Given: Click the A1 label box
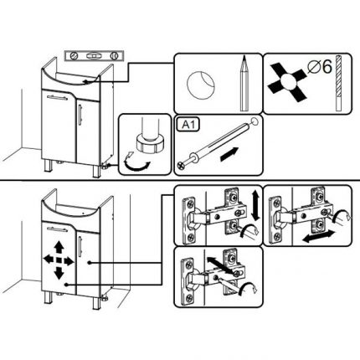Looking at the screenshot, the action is (x=188, y=125).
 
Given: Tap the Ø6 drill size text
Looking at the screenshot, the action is (x=320, y=67).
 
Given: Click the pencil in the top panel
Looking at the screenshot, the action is (x=244, y=84).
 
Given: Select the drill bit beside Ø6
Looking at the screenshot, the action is (x=338, y=83).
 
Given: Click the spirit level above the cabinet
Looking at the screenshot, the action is (x=94, y=56).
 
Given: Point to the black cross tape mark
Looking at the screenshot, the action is (x=287, y=82).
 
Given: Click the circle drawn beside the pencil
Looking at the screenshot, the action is (x=201, y=85).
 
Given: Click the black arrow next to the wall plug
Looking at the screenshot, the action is (x=229, y=154).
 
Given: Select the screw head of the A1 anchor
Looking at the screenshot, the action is (x=180, y=167).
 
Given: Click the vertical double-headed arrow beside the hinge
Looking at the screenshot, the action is (x=255, y=206).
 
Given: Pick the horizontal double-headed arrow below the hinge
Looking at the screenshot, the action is (x=318, y=236).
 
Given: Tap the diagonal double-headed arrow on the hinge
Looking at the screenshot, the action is (x=220, y=265).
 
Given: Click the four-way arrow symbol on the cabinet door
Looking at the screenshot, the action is (x=59, y=260).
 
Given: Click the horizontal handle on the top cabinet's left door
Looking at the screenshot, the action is (x=57, y=98).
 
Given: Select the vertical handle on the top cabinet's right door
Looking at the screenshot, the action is (x=80, y=115).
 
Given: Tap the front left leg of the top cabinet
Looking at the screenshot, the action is (x=49, y=167).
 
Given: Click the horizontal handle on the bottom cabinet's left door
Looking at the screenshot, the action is (x=57, y=229).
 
